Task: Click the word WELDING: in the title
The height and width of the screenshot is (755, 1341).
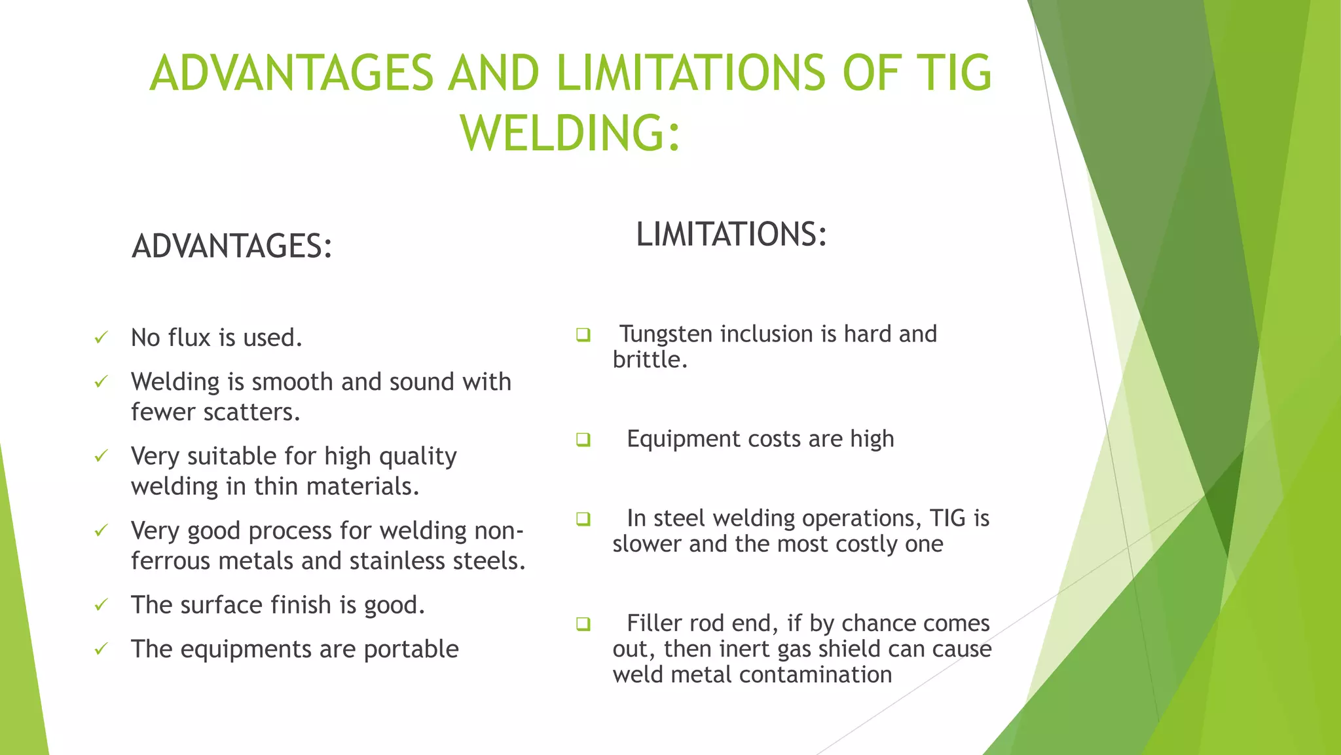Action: (x=570, y=133)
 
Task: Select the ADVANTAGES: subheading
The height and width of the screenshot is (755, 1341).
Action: (x=232, y=246)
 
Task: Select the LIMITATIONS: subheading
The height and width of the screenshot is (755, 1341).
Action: (x=731, y=234)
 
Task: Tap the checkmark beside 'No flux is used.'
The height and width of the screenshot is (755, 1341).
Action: (x=101, y=338)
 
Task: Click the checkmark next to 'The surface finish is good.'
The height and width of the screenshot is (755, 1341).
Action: (x=101, y=604)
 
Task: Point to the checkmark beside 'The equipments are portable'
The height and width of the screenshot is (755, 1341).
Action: (x=101, y=649)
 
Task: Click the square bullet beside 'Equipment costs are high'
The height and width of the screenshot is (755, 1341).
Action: (x=583, y=439)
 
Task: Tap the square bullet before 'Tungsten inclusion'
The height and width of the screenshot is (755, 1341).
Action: (x=583, y=335)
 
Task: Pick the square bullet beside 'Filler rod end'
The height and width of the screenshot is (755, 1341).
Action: (x=583, y=623)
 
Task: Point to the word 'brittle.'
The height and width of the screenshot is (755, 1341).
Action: (x=650, y=360)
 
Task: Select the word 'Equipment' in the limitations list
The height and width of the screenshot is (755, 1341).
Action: (x=683, y=438)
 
